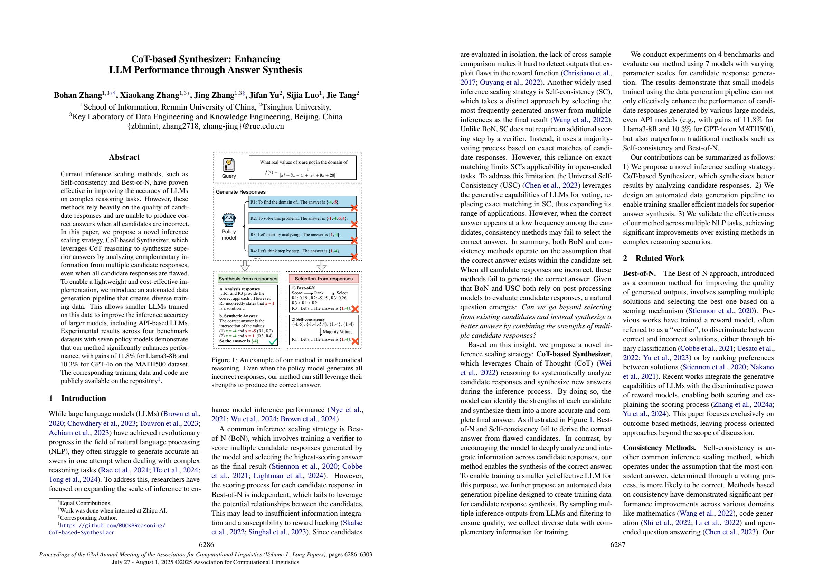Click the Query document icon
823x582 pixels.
[x=229, y=165]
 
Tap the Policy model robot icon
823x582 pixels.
[x=229, y=219]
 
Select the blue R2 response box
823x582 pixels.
[x=302, y=218]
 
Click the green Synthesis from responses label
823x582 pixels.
[x=248, y=279]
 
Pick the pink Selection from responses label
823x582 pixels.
[x=323, y=279]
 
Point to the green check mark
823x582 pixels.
[x=273, y=341]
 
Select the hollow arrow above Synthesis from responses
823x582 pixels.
[x=245, y=266]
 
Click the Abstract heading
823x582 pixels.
[x=124, y=157]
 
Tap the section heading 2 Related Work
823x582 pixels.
[x=653, y=258]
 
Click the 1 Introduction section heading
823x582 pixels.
[x=77, y=398]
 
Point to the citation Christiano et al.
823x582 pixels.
[x=587, y=73]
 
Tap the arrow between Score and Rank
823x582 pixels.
[x=308, y=293]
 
